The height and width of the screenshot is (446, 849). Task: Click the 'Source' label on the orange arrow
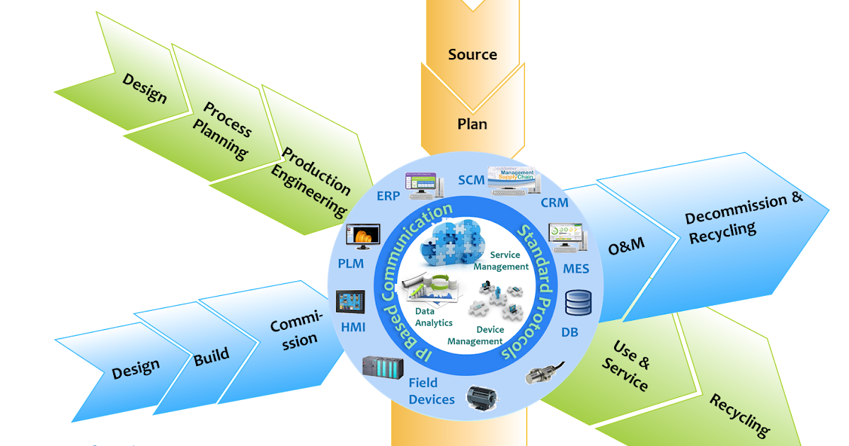click(x=473, y=55)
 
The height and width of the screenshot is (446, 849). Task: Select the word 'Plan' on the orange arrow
click(x=472, y=124)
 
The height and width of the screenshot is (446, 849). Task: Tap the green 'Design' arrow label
click(x=145, y=88)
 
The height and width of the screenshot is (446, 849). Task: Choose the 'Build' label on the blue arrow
click(x=212, y=355)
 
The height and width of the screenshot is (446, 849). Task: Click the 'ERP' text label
click(x=388, y=195)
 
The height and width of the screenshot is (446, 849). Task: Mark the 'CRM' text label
click(x=554, y=203)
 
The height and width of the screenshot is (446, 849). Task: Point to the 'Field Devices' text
click(x=432, y=391)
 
